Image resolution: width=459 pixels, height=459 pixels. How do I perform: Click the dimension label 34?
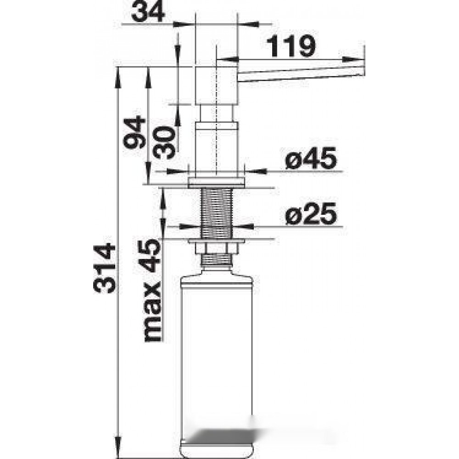148,12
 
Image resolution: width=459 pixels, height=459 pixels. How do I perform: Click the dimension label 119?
291,46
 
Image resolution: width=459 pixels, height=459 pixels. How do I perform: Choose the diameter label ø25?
311,214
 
